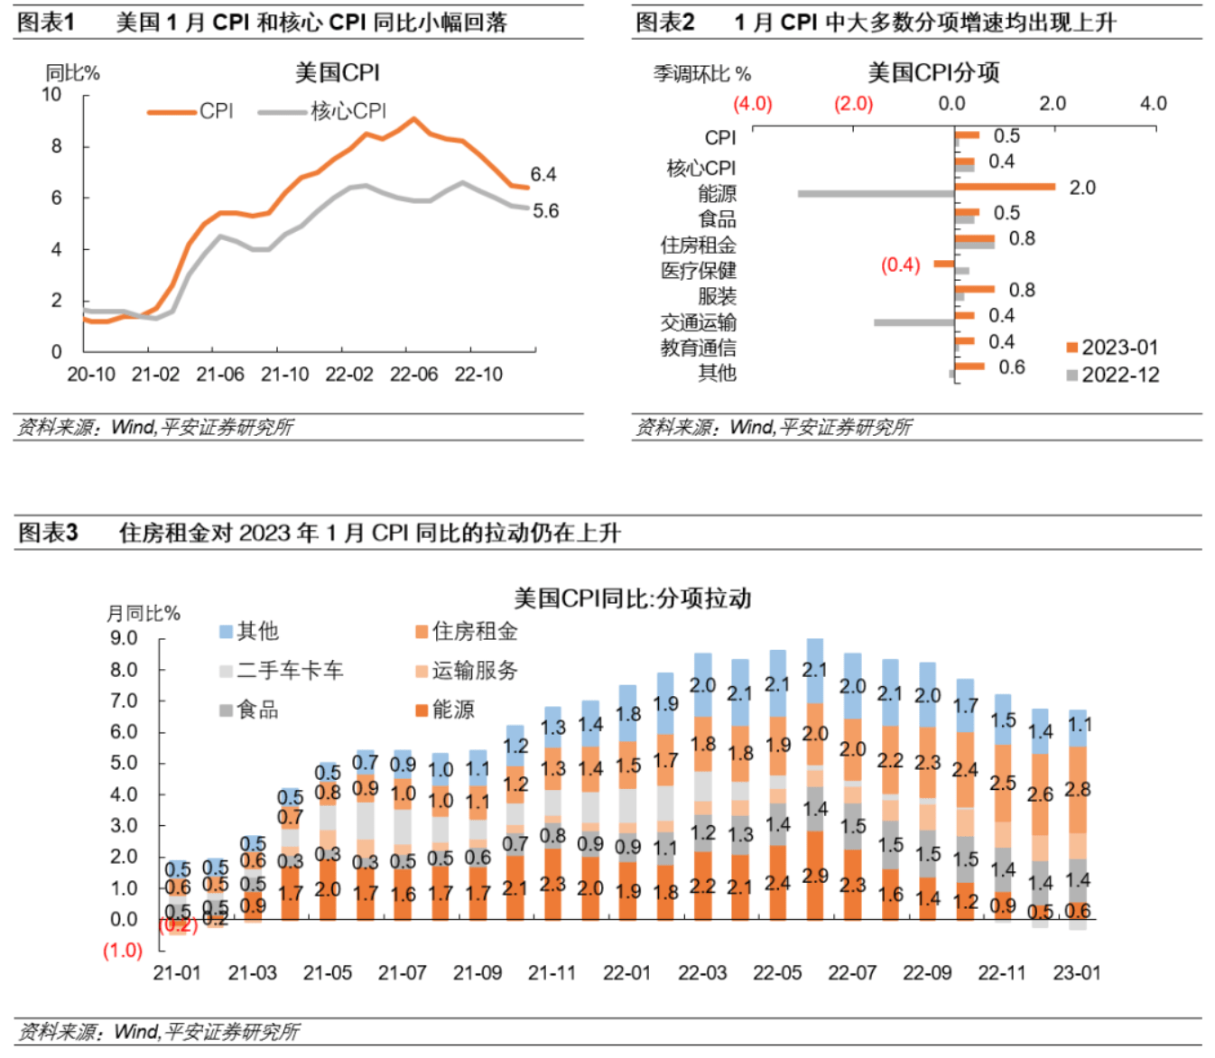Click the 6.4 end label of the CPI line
point(543,174)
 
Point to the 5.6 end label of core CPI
point(545,211)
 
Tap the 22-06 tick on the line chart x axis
point(413,375)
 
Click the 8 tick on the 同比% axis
point(57,146)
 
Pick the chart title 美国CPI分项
point(933,73)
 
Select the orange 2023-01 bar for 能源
point(1006,187)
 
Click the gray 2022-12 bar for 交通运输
point(914,322)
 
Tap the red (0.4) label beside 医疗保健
point(900,265)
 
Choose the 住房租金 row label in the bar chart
point(698,245)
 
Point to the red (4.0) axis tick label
point(752,104)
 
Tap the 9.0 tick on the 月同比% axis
point(124,638)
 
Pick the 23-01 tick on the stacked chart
point(1077,973)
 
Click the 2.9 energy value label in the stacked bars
point(815,876)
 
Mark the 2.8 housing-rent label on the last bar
point(1077,790)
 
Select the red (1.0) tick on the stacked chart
point(123,951)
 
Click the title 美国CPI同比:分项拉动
point(632,599)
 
